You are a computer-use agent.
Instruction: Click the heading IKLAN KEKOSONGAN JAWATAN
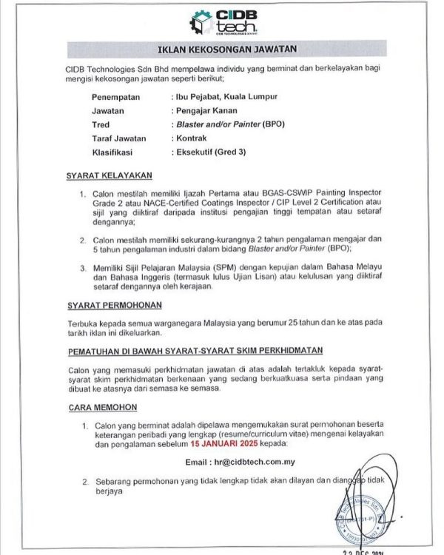(227, 50)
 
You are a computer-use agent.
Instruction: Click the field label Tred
(100, 124)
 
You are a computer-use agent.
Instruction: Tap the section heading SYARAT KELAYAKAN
(109, 175)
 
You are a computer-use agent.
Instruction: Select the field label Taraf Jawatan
(119, 138)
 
